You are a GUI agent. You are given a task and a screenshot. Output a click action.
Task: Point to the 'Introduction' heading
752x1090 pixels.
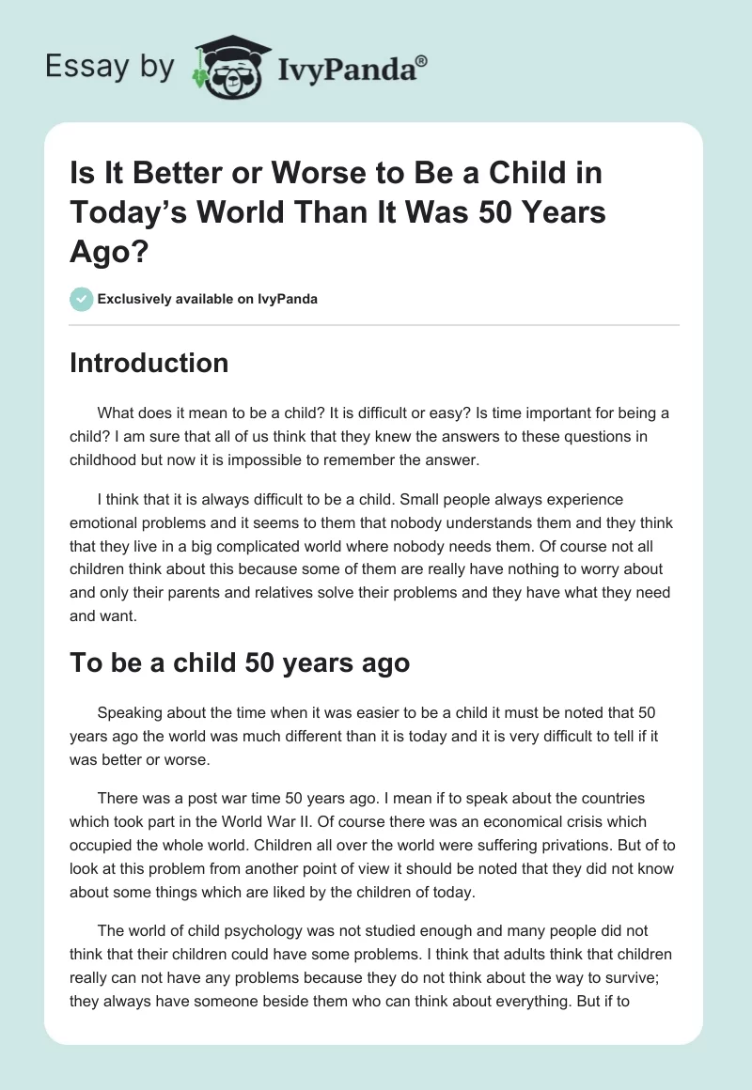coord(149,363)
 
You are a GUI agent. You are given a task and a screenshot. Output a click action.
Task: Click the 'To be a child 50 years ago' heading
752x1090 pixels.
coord(240,662)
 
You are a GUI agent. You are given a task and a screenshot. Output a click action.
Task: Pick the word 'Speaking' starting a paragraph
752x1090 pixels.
coord(128,714)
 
